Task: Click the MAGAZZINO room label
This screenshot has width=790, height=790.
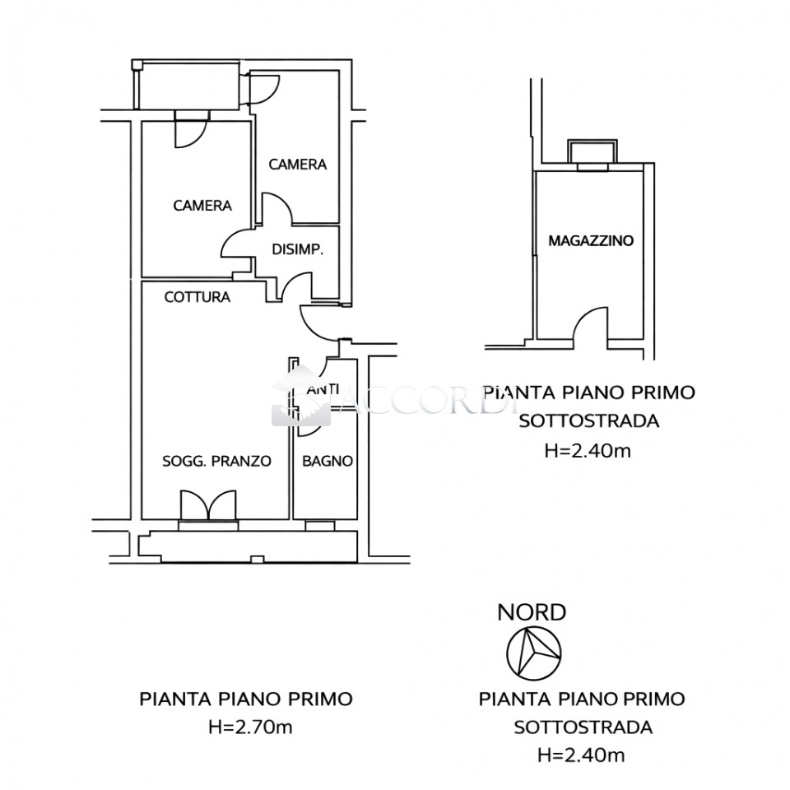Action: coord(590,241)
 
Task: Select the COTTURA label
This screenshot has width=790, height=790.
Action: coord(197,297)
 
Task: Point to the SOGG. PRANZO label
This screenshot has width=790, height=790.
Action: coord(216,461)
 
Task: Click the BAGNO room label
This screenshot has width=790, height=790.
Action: coord(328,461)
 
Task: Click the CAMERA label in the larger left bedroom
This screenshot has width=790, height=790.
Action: coord(202,206)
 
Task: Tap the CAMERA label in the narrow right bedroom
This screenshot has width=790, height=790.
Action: coord(298,165)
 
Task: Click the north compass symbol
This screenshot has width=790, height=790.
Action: coord(533,652)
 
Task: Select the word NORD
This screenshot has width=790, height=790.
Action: coord(532,612)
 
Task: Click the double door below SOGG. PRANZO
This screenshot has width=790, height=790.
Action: coord(209,505)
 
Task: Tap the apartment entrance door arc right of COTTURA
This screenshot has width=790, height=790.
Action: coord(317,323)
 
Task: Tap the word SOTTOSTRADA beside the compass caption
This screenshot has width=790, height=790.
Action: coord(583,727)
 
